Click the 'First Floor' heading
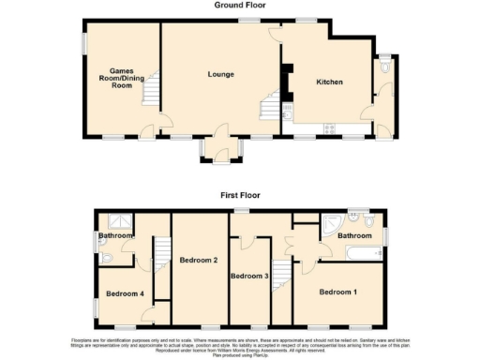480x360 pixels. [241, 195]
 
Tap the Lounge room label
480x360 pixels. [220, 74]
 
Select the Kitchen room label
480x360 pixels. [329, 82]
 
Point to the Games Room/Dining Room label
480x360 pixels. [122, 78]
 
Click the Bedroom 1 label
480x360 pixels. [338, 292]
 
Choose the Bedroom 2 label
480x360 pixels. [199, 259]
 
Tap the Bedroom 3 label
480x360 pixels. [249, 276]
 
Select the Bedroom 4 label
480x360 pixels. [124, 294]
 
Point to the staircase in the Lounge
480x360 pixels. [269, 107]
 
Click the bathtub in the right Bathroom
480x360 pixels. [365, 252]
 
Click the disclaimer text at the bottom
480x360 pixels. [240, 343]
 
